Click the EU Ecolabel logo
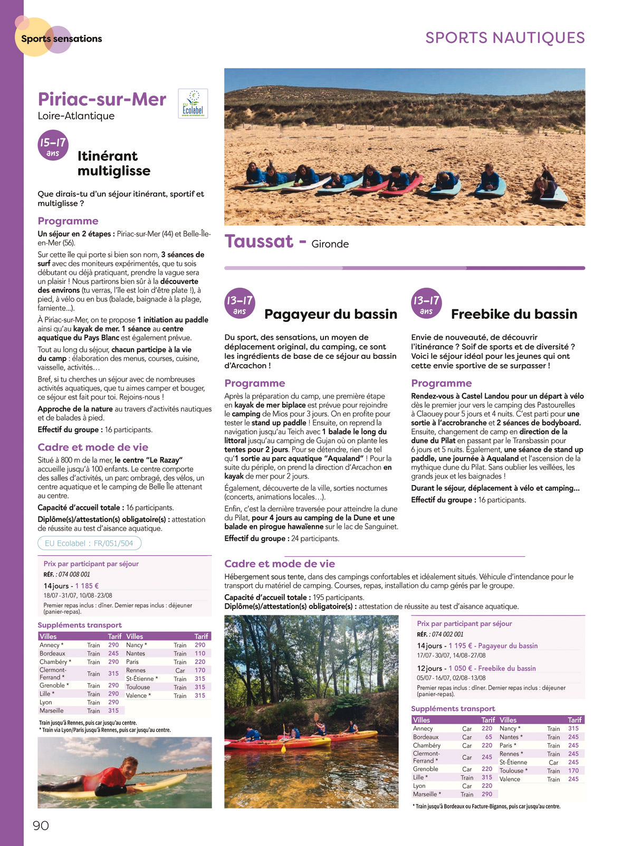coord(193,103)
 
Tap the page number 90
coord(41,825)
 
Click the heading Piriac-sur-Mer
coord(102,99)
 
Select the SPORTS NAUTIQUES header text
coord(505,38)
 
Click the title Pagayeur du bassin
coord(330,314)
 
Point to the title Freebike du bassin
coord(514,314)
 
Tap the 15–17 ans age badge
coord(53,145)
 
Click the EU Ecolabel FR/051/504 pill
coord(89,543)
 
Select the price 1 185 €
coord(87,586)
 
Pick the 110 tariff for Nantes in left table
coord(200,653)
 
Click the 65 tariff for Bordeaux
coord(488,737)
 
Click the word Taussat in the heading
coord(258,242)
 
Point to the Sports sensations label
coord(61,39)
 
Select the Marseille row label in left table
coord(51,710)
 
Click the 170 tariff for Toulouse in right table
coord(573,771)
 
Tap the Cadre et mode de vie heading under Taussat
coord(280,564)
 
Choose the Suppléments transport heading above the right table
coord(453,709)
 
